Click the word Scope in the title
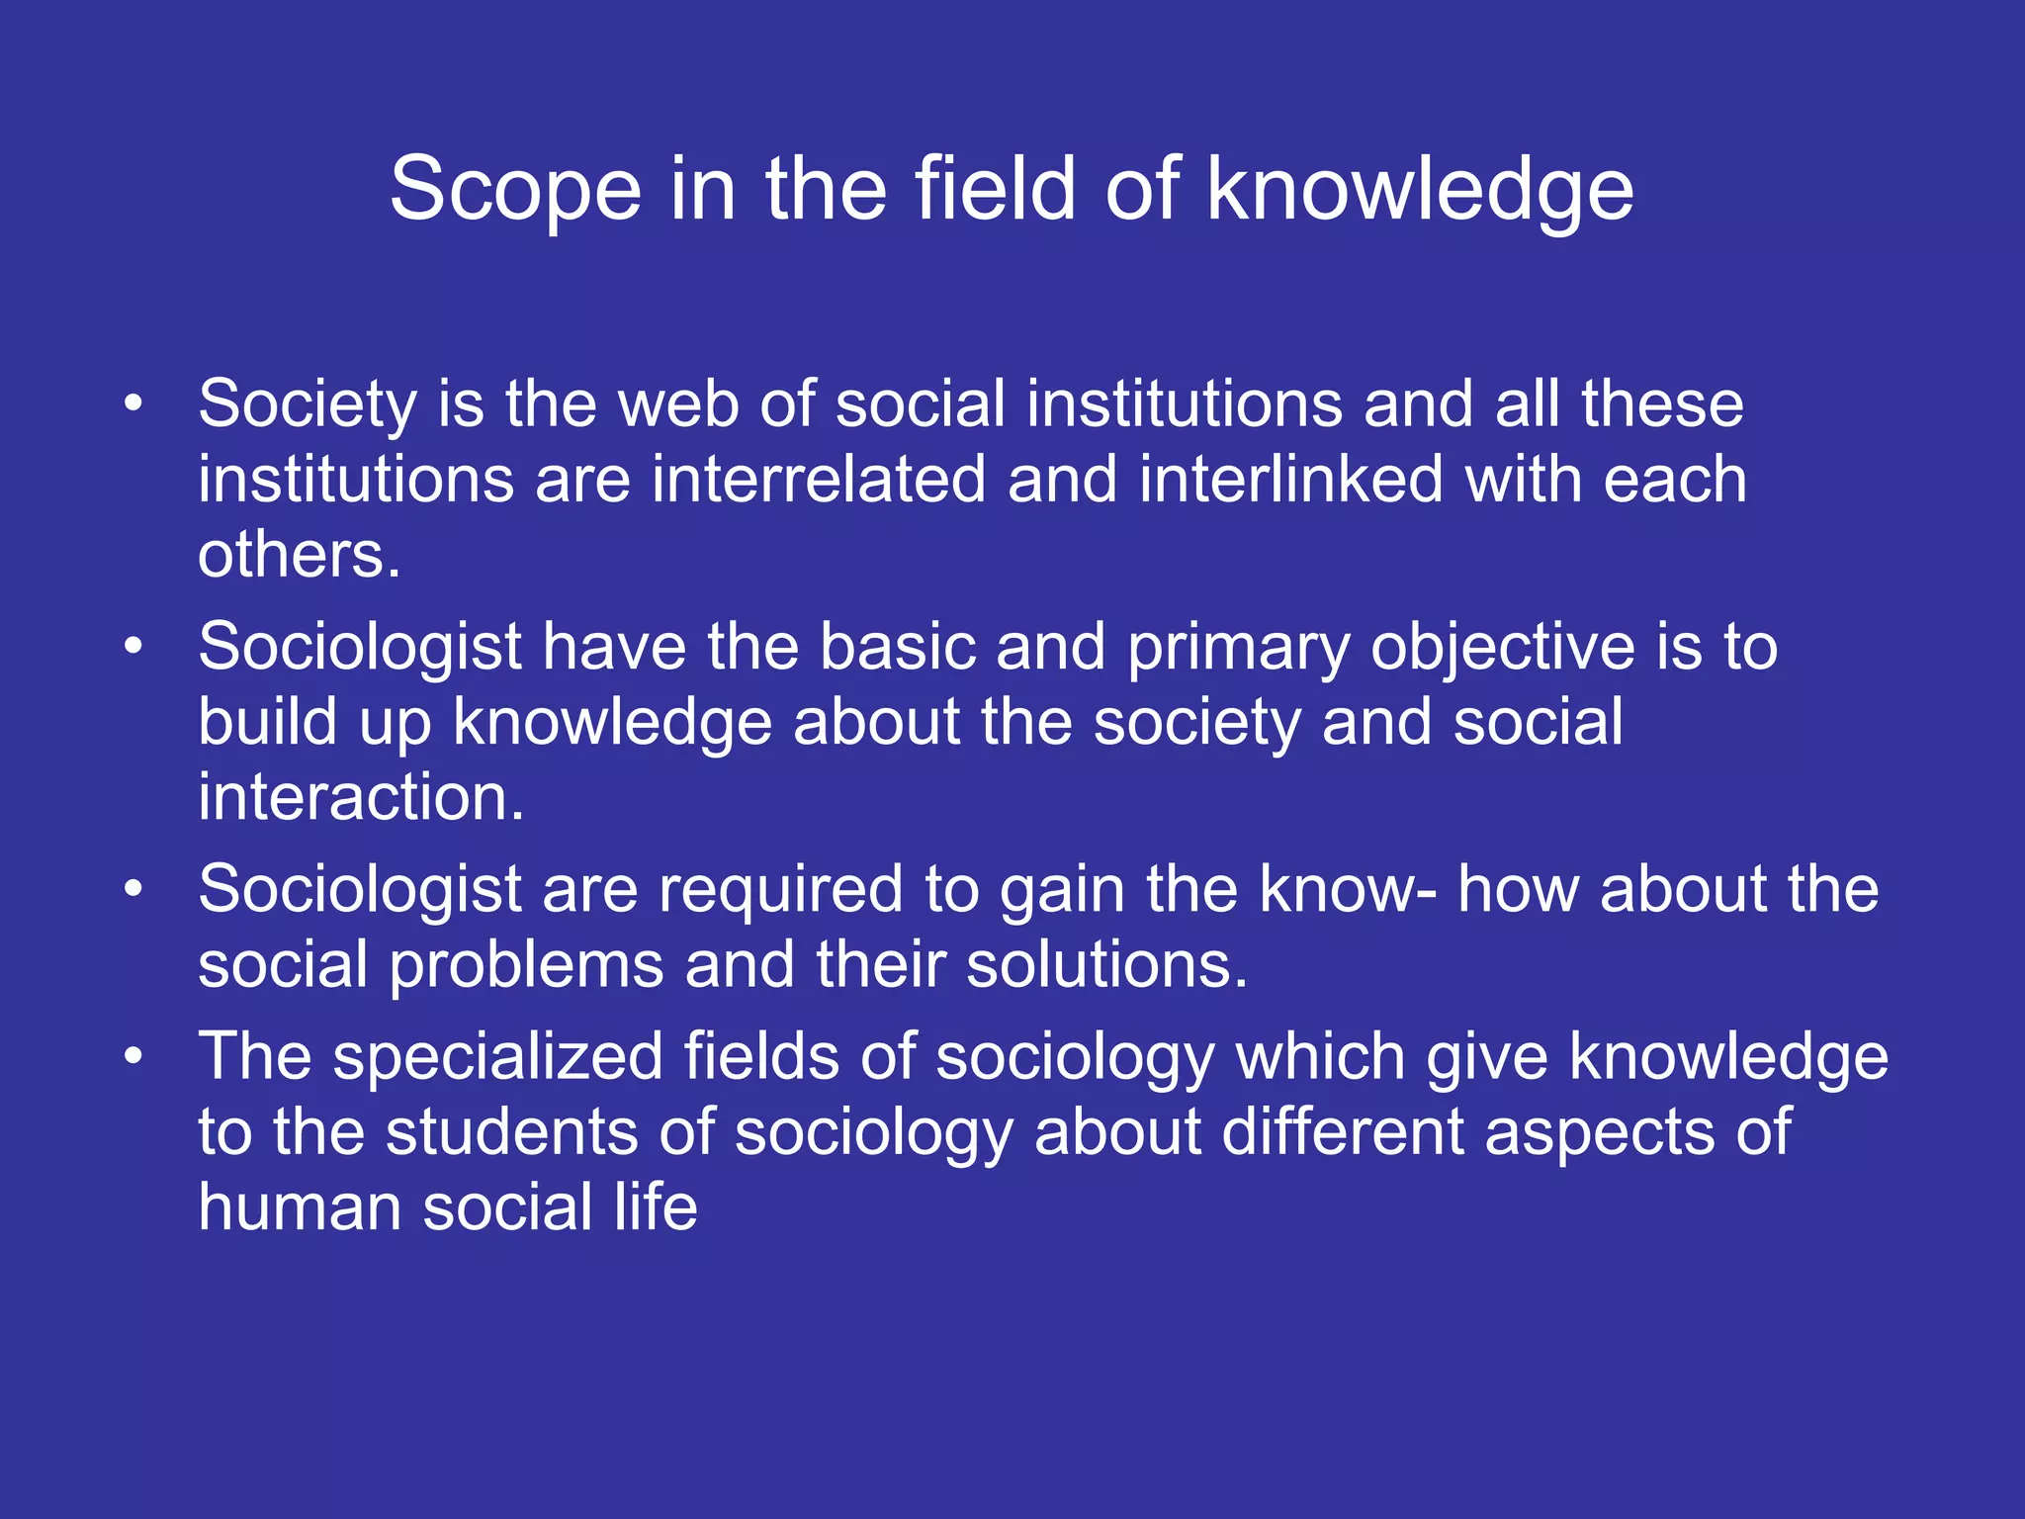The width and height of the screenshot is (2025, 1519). click(x=515, y=190)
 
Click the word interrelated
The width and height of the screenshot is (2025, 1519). click(x=818, y=480)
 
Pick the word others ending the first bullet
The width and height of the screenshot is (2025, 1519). click(x=299, y=555)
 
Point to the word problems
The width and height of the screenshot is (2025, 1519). click(x=526, y=966)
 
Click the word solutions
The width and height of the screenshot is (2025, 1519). click(x=1106, y=964)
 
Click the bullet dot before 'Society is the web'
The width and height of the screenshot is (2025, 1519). click(x=133, y=403)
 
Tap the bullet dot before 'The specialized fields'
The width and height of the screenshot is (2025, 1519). click(x=133, y=1056)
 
